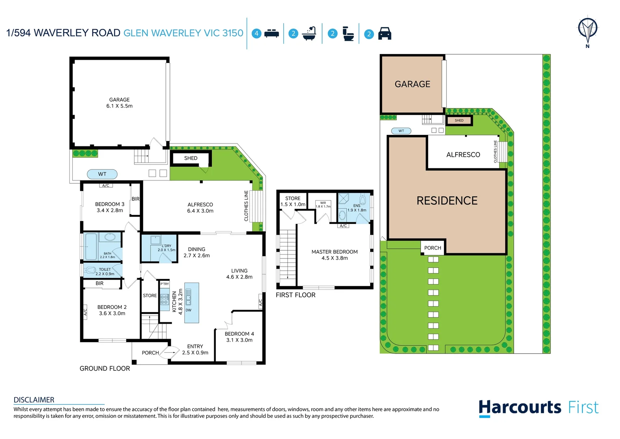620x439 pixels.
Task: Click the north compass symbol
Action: (x=587, y=31)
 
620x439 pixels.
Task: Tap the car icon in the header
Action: (x=384, y=34)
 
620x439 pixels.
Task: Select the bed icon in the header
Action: (x=271, y=34)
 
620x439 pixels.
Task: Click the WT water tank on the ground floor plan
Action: (x=102, y=174)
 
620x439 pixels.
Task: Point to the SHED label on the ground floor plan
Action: (x=191, y=158)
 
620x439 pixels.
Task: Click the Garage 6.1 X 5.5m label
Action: (x=119, y=103)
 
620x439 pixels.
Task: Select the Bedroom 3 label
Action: (x=110, y=207)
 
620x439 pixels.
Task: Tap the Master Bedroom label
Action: (x=334, y=255)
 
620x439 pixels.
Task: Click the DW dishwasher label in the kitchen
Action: (x=188, y=310)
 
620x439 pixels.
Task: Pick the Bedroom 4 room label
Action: (x=239, y=337)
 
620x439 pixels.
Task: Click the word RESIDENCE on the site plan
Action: (x=447, y=201)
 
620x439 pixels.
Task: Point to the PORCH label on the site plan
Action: (x=433, y=248)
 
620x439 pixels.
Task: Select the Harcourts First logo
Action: (x=538, y=408)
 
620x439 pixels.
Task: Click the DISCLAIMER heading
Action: (x=34, y=400)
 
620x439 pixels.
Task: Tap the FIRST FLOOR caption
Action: (x=295, y=295)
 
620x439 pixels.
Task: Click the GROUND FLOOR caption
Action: (x=105, y=369)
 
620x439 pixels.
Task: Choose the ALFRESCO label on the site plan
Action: (x=463, y=155)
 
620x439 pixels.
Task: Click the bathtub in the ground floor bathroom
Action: (x=91, y=246)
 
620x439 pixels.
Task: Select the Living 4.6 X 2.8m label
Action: (x=239, y=274)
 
